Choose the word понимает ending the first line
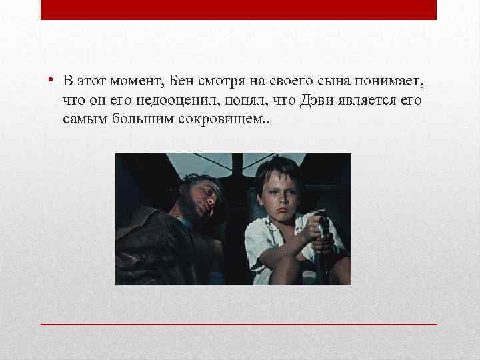395,81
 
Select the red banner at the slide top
239,9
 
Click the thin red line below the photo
239,323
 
